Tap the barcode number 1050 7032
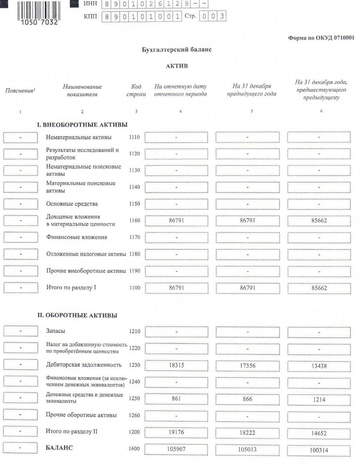coord(38,22)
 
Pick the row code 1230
coord(134,365)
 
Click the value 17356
coord(247,365)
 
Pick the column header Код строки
coord(137,90)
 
